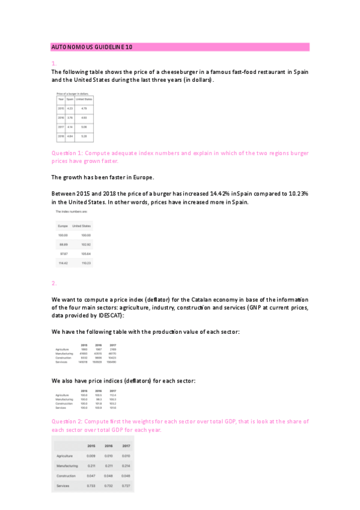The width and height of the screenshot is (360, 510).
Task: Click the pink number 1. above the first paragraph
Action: pos(54,63)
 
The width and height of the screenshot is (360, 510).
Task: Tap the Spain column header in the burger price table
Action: pos(70,99)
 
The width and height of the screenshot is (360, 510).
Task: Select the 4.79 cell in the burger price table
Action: pos(84,108)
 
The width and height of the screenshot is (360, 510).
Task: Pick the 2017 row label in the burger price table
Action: pos(61,127)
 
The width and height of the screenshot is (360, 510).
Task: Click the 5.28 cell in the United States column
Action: pos(84,137)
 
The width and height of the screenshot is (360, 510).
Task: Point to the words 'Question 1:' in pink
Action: pos(69,153)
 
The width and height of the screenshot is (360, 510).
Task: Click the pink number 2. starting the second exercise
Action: pos(54,283)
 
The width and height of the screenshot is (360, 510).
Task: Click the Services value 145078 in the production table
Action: pos(83,362)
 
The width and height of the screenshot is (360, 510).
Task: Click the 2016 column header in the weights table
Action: pos(109,446)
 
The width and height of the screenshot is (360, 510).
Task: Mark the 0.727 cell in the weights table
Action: pos(126,485)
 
